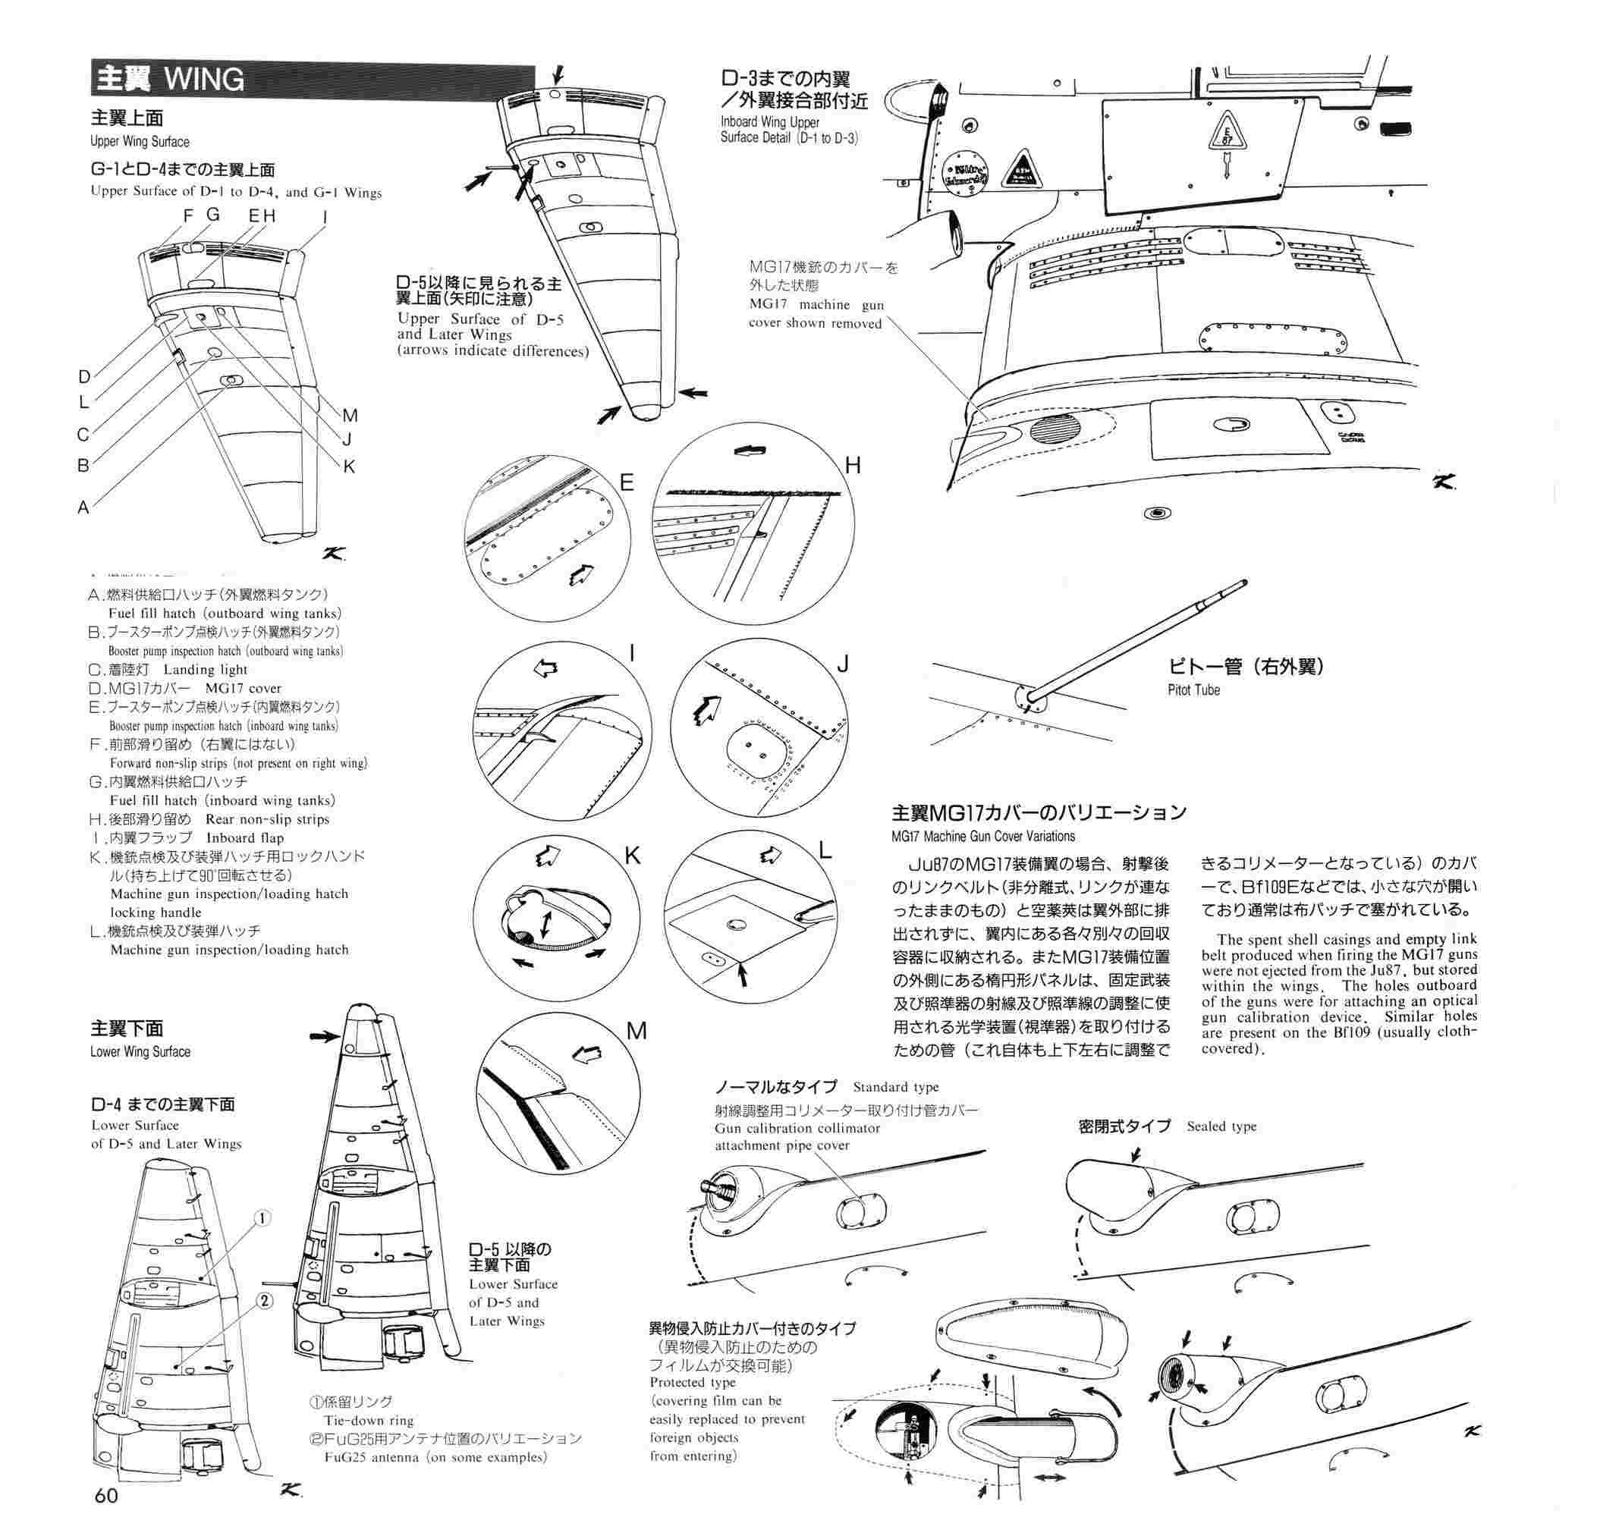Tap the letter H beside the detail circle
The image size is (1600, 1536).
[853, 466]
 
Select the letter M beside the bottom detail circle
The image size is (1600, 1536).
[637, 1031]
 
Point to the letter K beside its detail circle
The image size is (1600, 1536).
[632, 856]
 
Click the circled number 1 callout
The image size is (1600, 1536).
[262, 1218]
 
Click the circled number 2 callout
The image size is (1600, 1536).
[265, 1301]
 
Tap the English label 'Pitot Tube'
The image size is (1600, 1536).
[1193, 689]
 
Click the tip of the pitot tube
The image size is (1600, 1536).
[1243, 583]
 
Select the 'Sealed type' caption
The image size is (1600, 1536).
[1221, 1126]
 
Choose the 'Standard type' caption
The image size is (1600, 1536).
[895, 1087]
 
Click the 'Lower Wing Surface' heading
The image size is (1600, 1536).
[140, 1052]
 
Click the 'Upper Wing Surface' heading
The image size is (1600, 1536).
[140, 141]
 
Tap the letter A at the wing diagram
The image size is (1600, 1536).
[83, 507]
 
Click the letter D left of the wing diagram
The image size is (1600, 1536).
[84, 377]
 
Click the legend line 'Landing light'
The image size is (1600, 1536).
[205, 670]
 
